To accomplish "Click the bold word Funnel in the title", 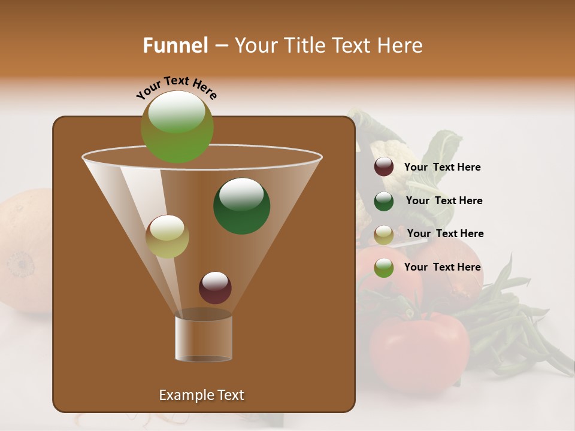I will coord(175,45).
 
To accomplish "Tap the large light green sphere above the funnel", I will coord(177,128).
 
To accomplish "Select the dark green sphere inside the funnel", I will coord(242,206).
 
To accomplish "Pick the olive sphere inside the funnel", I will coord(167,236).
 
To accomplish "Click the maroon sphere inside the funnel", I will coord(215,288).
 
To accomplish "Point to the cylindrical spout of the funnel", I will coord(204,336).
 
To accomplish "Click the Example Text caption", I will coord(202,395).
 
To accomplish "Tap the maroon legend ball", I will coord(384,167).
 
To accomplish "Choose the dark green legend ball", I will coord(384,201).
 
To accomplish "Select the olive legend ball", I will coord(384,235).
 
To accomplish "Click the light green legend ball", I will coord(384,268).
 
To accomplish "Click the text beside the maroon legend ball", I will coord(443,168).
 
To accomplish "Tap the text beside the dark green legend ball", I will coord(444,201).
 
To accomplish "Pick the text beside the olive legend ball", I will coord(446,234).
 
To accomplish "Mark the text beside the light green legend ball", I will coord(443,268).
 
